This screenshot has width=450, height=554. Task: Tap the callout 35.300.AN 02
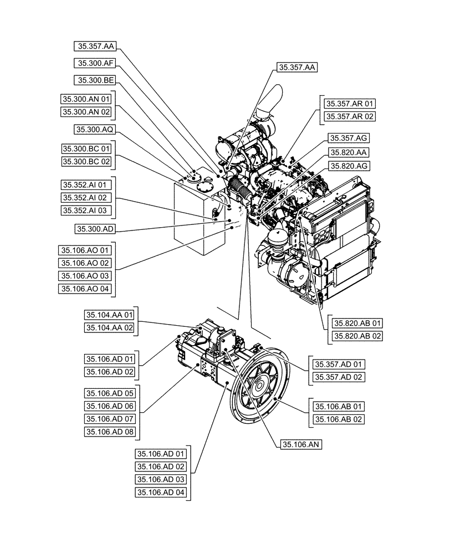[86, 112]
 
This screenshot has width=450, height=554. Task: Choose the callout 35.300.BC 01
[86, 149]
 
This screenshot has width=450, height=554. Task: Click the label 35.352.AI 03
[86, 211]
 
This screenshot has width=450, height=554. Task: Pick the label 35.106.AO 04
[86, 288]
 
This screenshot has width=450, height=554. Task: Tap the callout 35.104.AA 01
[110, 315]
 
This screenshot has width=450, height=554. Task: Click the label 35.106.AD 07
[110, 418]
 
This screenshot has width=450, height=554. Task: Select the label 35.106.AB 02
[339, 419]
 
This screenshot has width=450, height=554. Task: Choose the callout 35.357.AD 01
[339, 364]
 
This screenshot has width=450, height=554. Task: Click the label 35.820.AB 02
[357, 336]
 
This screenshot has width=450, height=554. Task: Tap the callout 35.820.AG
[350, 166]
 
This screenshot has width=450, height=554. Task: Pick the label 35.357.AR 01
[350, 104]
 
